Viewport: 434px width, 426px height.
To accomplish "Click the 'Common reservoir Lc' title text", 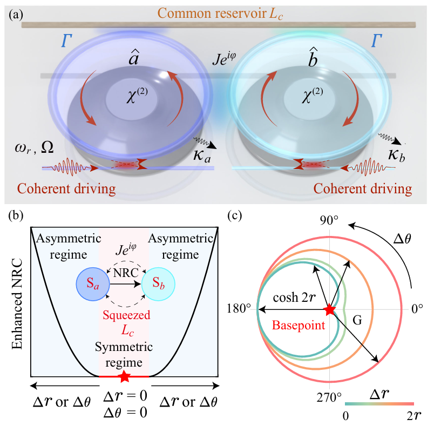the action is coord(220,14).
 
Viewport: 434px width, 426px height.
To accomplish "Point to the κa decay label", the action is coord(202,155).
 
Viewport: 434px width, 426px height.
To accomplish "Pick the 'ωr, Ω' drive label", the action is coord(34,148).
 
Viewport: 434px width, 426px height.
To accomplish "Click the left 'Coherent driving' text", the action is coord(66,189).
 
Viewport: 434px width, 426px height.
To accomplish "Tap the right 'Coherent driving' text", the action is coord(363,189).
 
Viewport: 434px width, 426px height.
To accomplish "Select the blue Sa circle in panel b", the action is coord(93,284).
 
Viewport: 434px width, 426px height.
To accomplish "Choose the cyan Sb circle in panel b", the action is coord(158,284).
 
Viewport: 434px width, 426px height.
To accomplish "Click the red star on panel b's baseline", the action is coord(124,376).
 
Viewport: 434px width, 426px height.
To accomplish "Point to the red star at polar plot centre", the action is coord(329,309).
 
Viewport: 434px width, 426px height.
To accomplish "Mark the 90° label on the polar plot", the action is coord(329,221).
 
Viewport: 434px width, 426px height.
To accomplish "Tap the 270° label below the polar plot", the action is coord(329,397).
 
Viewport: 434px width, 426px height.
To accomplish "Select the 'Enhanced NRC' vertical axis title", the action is coord(17,303).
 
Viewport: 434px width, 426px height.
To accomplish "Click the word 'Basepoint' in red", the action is coord(299,325).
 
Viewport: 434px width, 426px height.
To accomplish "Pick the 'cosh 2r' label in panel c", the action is coord(295,297).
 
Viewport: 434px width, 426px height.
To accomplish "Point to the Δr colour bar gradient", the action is coord(379,404).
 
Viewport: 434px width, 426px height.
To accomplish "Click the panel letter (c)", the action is coord(235,215).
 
